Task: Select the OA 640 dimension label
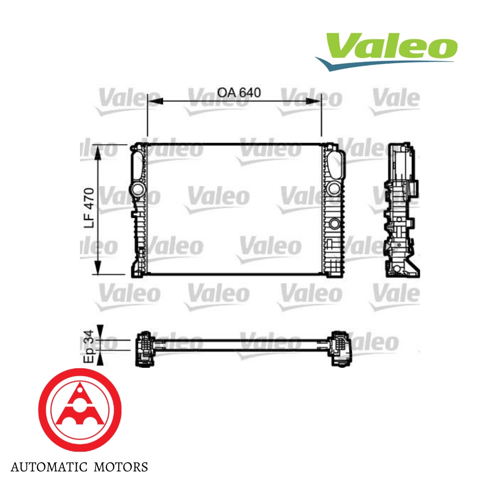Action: tap(239, 92)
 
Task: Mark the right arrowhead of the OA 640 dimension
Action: tap(314, 101)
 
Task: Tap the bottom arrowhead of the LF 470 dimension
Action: tap(98, 268)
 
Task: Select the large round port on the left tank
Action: tap(138, 189)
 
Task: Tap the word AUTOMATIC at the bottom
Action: tap(46, 467)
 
